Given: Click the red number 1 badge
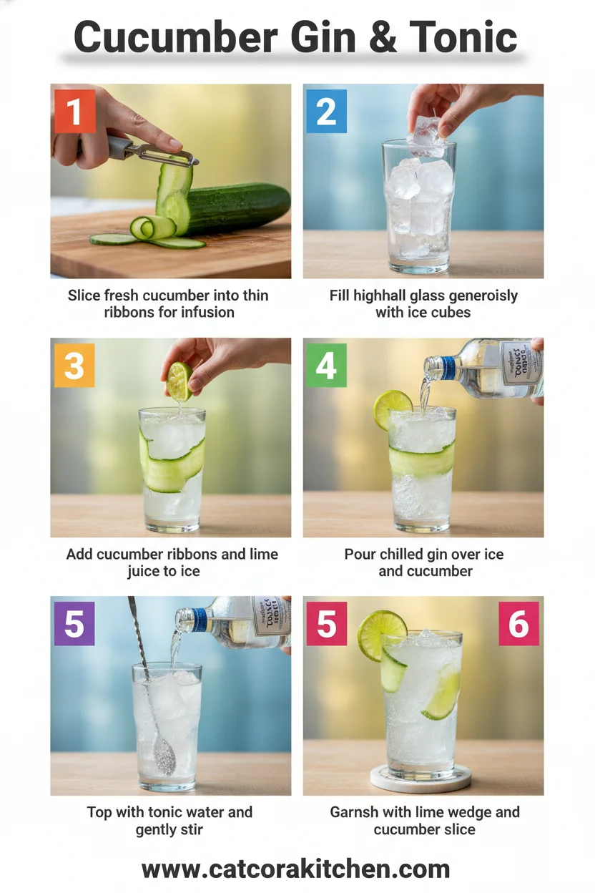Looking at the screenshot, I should tap(74, 111).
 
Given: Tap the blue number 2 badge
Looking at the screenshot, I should tap(326, 111).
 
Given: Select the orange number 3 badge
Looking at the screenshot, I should tap(74, 366).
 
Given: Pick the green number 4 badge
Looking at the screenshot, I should tap(326, 366).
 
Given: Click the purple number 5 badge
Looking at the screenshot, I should tap(74, 623).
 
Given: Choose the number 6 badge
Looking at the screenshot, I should tap(518, 623).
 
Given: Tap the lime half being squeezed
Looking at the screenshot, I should tap(179, 381).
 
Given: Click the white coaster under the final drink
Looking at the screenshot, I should tap(421, 779).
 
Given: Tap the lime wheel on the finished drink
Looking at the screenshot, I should tap(382, 635).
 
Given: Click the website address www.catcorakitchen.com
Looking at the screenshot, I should tap(296, 869).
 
